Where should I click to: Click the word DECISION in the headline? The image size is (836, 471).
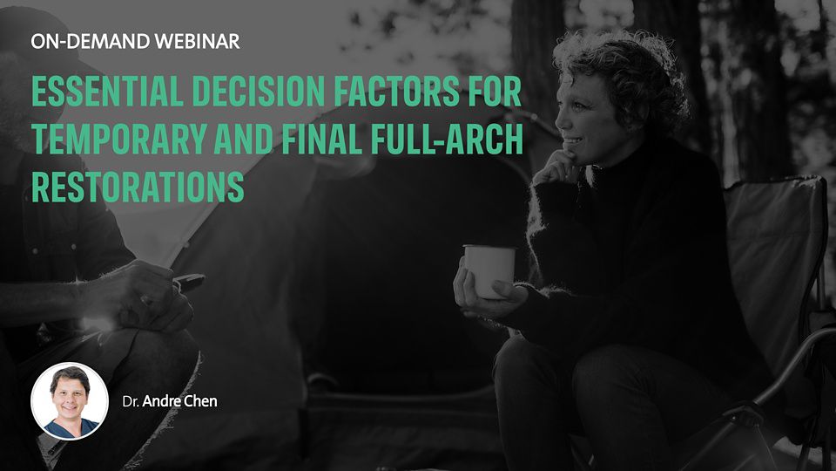259,92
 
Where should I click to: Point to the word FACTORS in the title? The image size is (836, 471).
397,92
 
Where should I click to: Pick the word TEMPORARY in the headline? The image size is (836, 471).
118,139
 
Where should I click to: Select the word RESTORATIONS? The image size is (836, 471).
138,187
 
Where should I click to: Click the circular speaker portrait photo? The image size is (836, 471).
70,401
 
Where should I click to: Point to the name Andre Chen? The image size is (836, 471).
179,401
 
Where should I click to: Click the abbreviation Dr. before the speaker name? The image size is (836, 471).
131,401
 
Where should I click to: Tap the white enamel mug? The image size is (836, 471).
489,271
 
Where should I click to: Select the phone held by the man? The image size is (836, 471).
188,281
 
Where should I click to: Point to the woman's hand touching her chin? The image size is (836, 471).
556,168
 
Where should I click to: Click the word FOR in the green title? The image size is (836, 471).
496,92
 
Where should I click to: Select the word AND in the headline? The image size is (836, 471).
244,139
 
